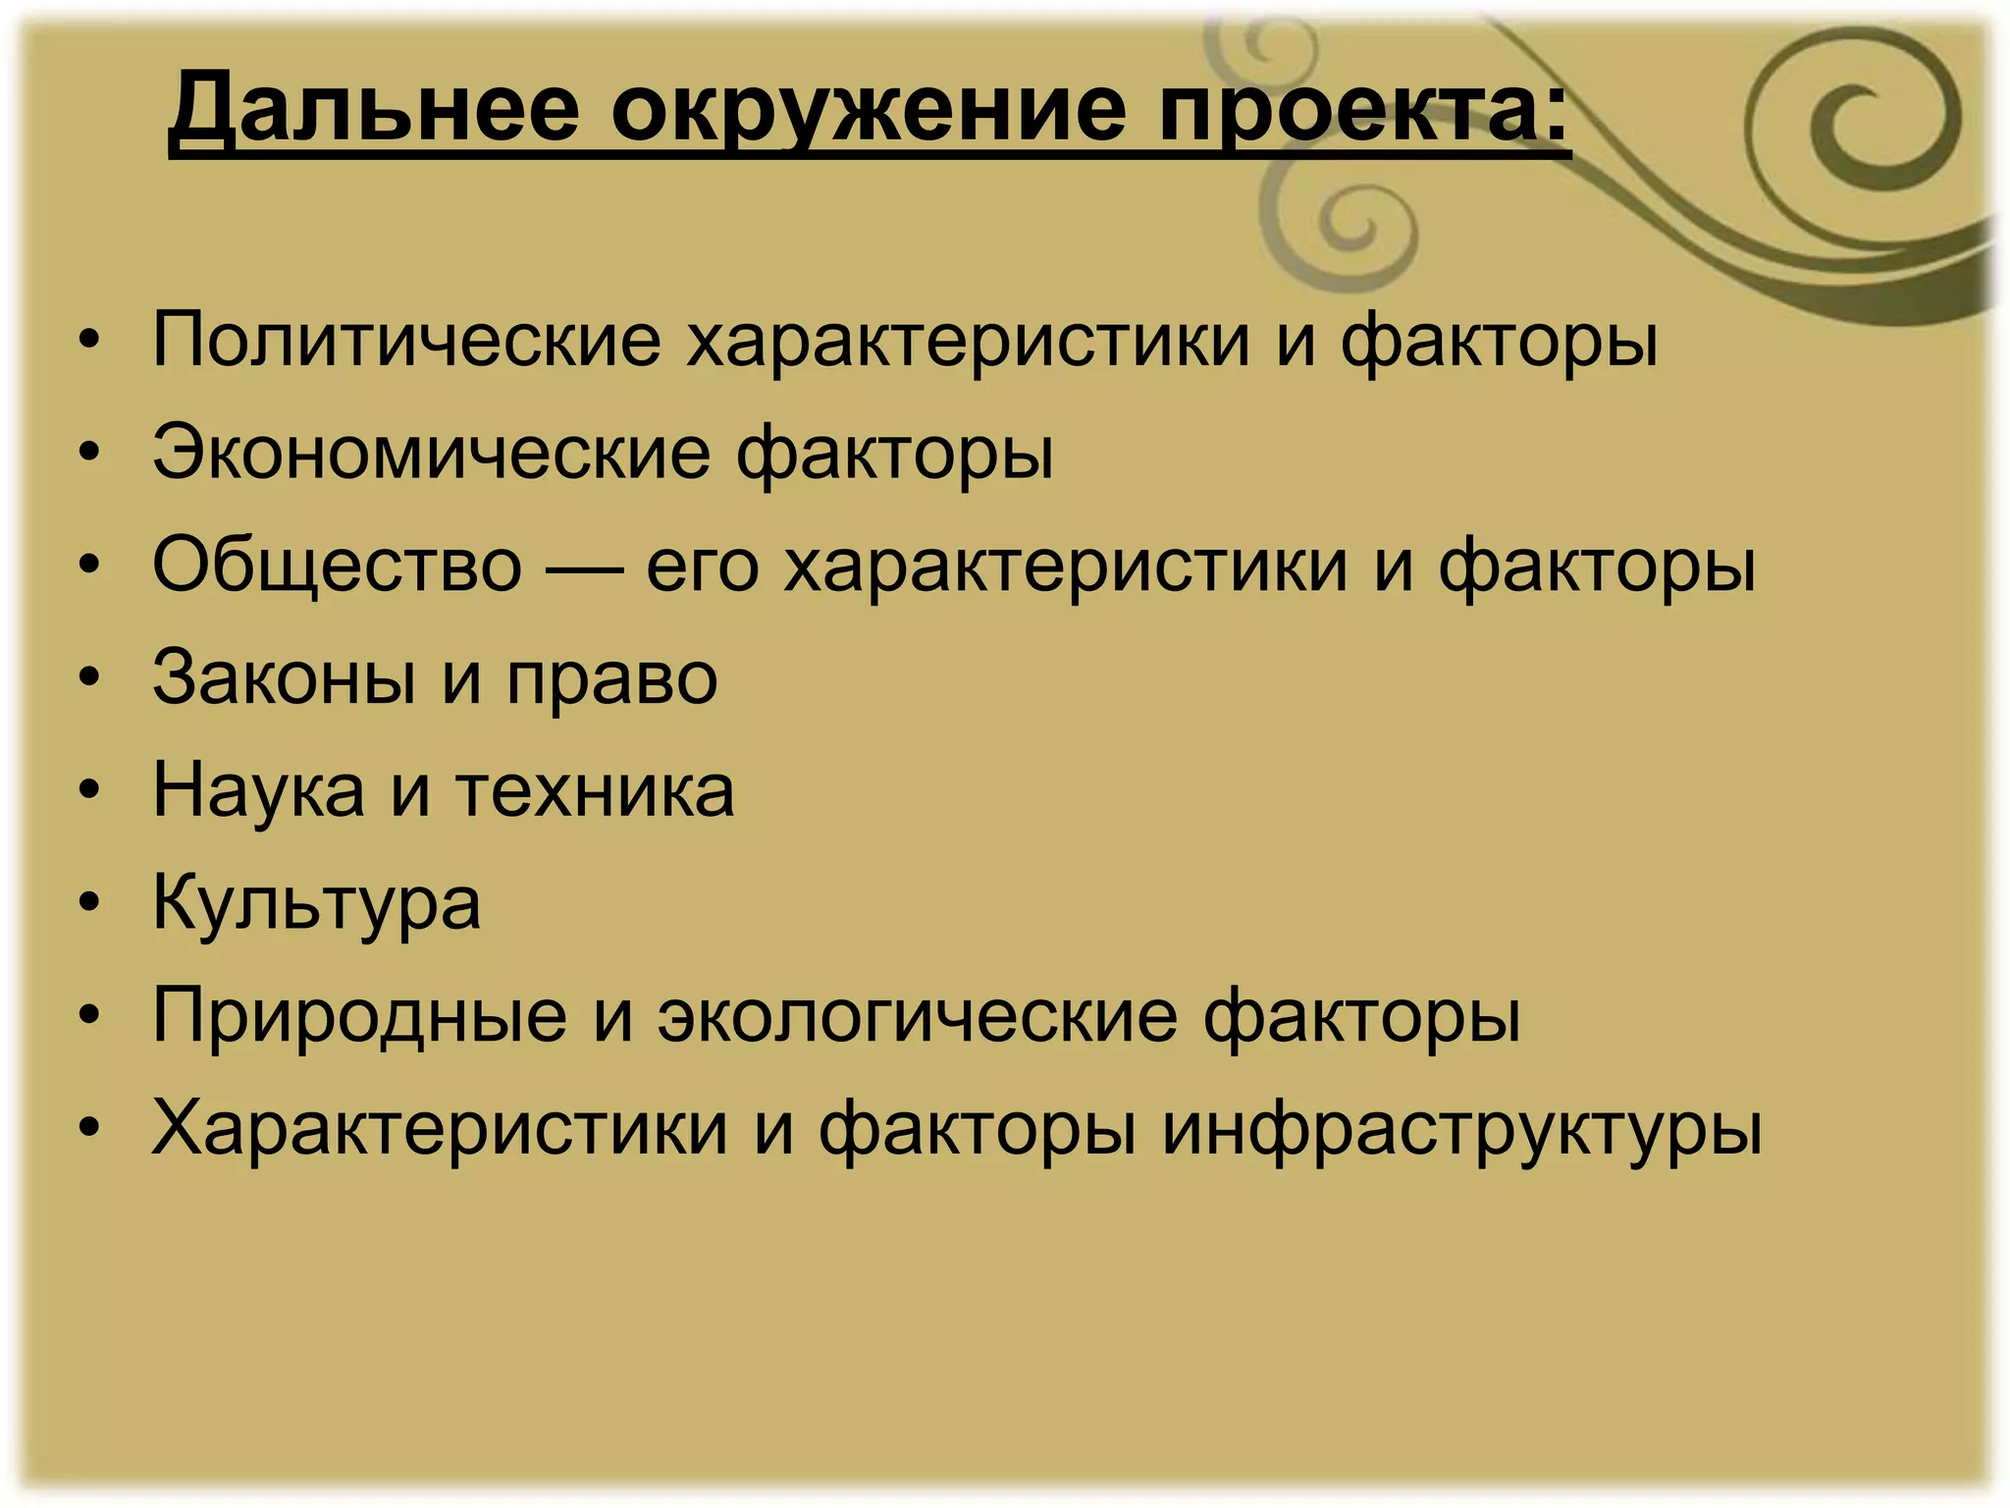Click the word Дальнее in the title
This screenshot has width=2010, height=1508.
click(x=374, y=108)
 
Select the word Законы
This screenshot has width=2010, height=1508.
click(x=285, y=678)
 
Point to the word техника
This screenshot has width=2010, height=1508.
click(x=595, y=791)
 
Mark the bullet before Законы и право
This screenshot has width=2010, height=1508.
click(x=90, y=677)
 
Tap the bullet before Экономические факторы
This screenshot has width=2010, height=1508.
click(x=90, y=453)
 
